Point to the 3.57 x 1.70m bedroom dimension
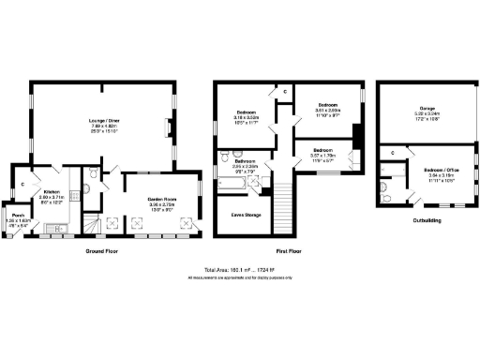coord(323,155)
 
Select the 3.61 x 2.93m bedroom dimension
coord(328,109)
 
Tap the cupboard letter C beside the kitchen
coord(22,185)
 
